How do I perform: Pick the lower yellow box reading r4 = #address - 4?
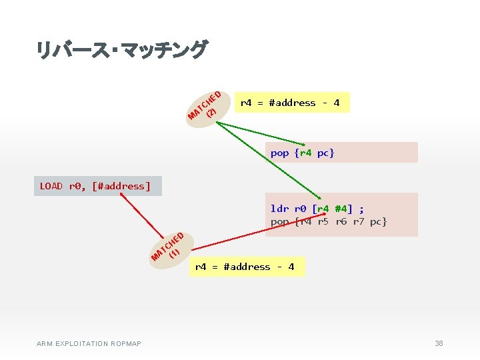click(x=245, y=267)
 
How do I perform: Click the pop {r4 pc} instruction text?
click(x=302, y=153)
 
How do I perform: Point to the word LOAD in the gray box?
click(x=51, y=186)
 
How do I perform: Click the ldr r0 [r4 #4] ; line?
click(x=317, y=208)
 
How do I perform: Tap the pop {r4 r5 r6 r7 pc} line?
click(x=329, y=221)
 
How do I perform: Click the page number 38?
click(x=439, y=343)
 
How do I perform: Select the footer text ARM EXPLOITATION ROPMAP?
click(x=89, y=343)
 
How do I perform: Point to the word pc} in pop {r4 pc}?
click(x=325, y=153)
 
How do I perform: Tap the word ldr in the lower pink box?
click(x=279, y=208)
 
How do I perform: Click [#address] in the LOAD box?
click(x=123, y=186)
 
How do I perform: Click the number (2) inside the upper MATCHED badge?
click(x=211, y=112)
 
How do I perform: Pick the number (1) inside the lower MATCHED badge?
click(x=175, y=253)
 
